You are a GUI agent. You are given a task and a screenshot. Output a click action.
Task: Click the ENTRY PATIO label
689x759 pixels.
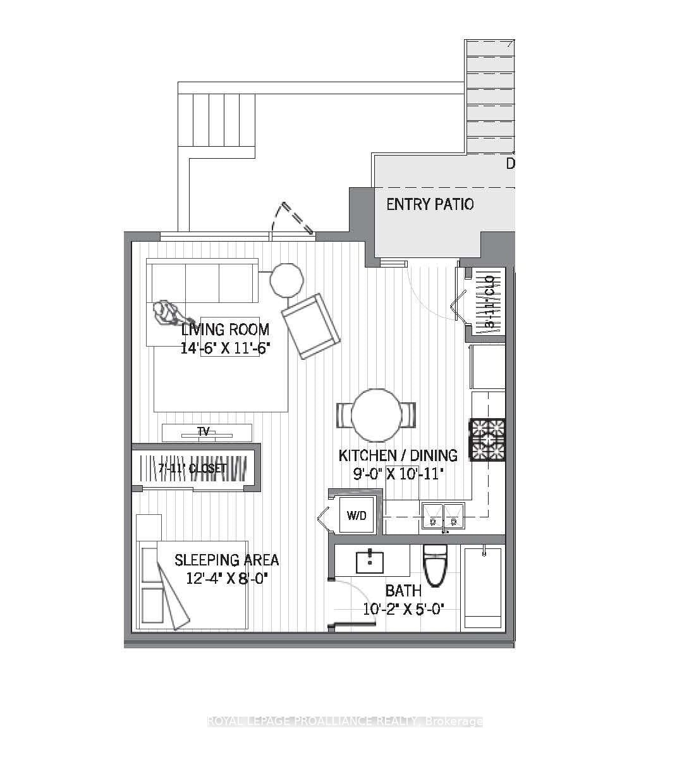coord(430,204)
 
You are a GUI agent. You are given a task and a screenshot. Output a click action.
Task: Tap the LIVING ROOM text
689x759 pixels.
coord(225,330)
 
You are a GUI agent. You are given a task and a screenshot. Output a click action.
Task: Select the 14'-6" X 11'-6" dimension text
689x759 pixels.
coord(221,348)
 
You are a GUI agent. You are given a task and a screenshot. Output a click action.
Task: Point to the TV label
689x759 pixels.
coord(204,432)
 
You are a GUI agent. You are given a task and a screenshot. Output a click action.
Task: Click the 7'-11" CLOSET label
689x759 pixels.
coord(192,469)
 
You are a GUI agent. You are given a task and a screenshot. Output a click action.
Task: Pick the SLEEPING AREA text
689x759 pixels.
coord(226,560)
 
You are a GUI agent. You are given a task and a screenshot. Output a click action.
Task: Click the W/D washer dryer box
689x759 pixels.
coord(357,515)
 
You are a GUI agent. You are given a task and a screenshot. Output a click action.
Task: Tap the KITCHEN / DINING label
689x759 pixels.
coord(398,455)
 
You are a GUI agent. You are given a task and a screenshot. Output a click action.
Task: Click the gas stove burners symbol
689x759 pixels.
coord(487,438)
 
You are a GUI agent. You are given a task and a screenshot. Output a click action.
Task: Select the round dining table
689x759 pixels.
coord(376,415)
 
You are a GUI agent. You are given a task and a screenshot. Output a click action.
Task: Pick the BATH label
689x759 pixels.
coord(403,591)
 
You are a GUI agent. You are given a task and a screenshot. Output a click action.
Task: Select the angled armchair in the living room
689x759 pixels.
coord(311,326)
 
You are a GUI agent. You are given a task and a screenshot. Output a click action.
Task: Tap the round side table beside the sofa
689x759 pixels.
coord(286,279)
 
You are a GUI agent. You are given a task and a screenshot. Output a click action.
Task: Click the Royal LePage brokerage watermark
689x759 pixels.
coord(345,721)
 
